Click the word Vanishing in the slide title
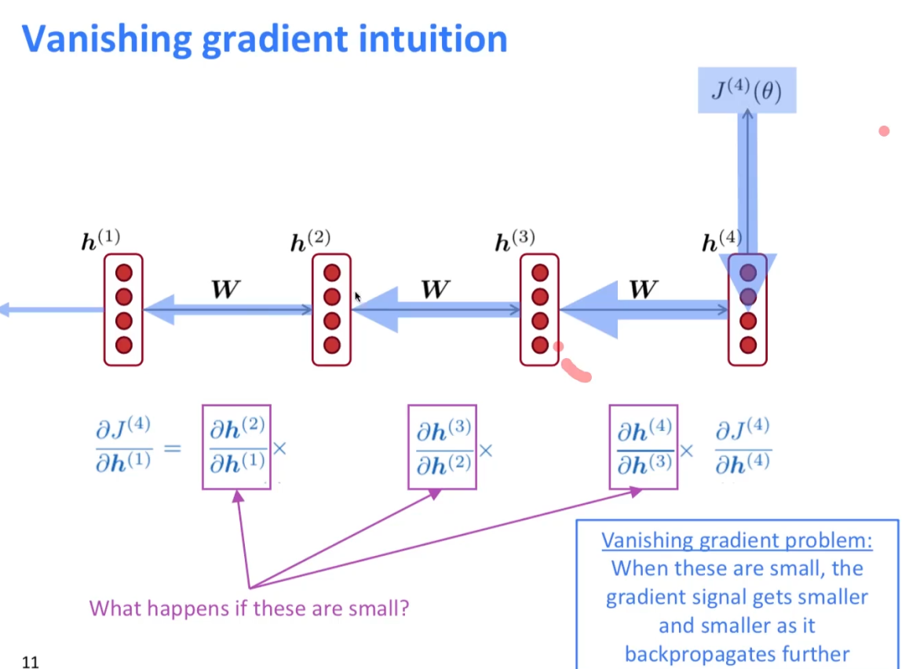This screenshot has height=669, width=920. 106,39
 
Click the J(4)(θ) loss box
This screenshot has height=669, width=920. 747,90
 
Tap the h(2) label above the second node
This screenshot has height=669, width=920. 310,241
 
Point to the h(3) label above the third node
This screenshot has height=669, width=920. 515,241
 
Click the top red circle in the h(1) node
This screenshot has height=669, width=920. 124,272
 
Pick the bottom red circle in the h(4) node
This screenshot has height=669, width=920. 748,345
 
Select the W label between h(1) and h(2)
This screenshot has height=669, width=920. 226,290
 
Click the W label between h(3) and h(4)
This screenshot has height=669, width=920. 644,290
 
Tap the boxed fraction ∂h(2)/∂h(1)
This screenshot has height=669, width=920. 236,446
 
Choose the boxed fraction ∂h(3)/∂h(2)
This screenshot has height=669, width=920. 443,446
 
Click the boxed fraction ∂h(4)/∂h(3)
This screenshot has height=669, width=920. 644,446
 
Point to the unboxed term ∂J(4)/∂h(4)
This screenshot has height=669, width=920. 742,446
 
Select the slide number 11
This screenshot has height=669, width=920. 31,661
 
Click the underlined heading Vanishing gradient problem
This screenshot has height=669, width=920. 737,541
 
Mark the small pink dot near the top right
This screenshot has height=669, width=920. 884,131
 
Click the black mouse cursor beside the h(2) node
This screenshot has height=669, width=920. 358,297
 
